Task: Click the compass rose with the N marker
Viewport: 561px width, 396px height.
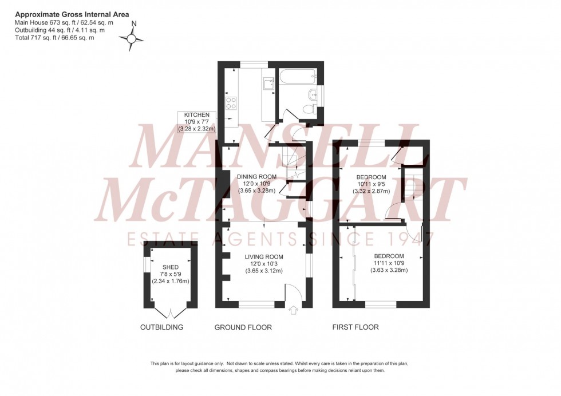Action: [132, 38]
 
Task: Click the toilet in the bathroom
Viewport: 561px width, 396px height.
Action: [310, 109]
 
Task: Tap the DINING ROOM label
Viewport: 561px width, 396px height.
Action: [256, 176]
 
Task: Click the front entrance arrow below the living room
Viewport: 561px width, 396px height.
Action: [294, 311]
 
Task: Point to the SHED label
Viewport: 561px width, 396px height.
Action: [170, 266]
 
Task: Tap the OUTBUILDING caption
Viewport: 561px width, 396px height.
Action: [162, 327]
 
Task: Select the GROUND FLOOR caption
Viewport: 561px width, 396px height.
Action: [243, 327]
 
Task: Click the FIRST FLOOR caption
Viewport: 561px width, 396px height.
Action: [355, 327]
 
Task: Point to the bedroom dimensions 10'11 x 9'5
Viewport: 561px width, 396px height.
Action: [371, 185]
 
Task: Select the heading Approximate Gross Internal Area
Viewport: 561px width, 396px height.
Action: [72, 14]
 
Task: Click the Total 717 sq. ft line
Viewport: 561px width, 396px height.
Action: [54, 38]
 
